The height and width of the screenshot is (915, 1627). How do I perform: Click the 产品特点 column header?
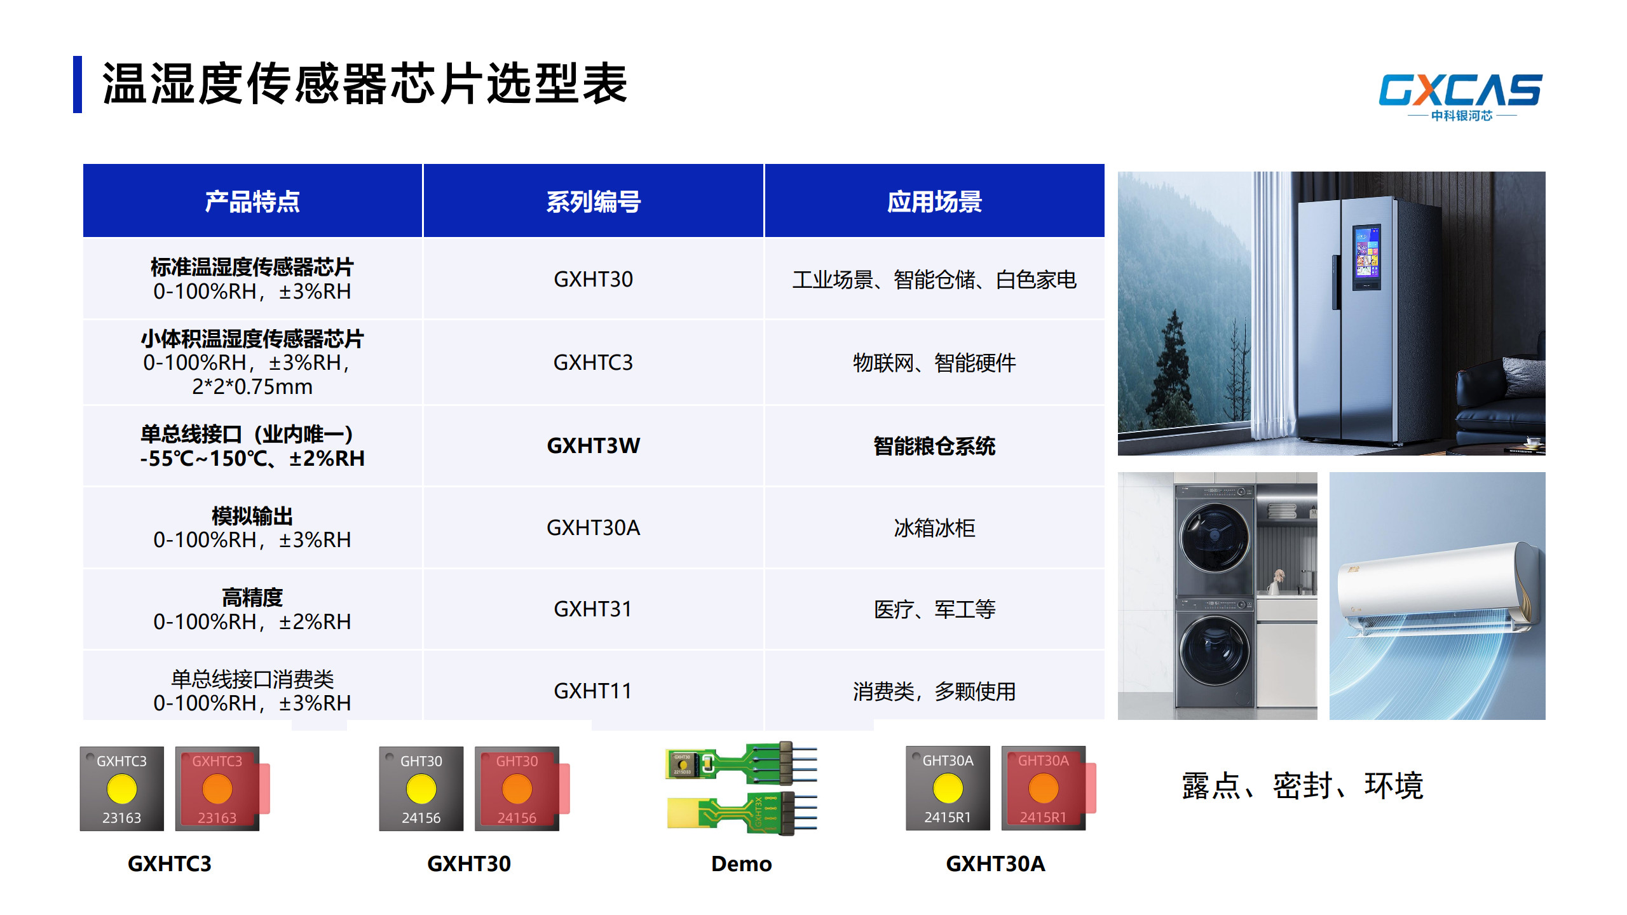pos(252,201)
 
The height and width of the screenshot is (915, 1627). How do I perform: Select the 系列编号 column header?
pos(594,201)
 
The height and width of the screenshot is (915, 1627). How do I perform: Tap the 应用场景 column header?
pos(934,201)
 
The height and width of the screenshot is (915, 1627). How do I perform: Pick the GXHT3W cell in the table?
pos(594,445)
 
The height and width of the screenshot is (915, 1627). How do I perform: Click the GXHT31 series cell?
pos(593,609)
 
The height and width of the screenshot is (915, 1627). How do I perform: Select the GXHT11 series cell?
pos(593,691)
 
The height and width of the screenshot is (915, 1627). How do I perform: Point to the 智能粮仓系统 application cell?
pos(934,446)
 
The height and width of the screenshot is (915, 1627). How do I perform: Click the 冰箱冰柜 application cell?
pos(934,527)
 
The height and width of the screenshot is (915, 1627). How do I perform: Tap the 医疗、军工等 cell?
pos(934,609)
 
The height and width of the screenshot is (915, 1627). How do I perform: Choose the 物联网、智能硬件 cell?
pos(934,363)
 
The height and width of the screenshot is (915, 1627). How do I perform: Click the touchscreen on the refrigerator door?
pos(1366,259)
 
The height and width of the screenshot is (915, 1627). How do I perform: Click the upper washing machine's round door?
pos(1214,537)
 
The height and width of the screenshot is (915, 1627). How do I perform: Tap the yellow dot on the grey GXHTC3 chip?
pos(122,789)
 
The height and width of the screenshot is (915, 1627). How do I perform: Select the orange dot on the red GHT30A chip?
pos(1043,789)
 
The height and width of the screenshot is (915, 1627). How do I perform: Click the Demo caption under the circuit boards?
pos(742,864)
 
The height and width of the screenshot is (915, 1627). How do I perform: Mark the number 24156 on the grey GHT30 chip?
pos(421,818)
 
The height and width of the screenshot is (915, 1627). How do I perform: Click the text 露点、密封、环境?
pos(1302,786)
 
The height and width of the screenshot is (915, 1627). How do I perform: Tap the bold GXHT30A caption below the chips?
pos(995,864)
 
